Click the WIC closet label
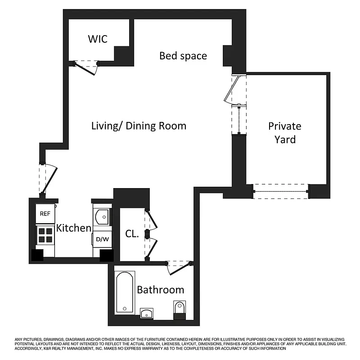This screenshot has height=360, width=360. point(97,39)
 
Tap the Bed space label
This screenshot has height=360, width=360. point(183,56)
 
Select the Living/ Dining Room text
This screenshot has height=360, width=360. point(139,126)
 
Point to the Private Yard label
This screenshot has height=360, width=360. point(284,132)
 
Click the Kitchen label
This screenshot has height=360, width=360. point(73,228)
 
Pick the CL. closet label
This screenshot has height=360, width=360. point(131,234)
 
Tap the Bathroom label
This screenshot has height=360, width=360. point(160,290)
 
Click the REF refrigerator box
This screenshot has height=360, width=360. point(45,214)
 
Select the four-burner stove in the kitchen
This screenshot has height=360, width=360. point(45,234)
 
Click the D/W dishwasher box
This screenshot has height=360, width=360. point(102,239)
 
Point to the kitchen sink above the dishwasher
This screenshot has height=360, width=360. point(102,216)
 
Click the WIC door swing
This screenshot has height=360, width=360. point(85,68)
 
